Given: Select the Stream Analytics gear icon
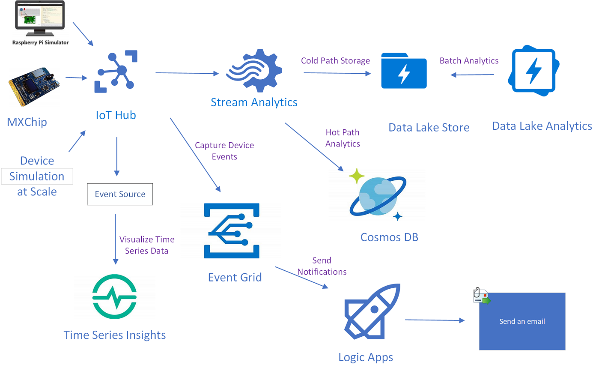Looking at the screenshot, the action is [x=254, y=71].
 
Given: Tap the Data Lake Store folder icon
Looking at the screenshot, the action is [x=404, y=71].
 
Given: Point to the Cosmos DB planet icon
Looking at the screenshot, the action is [x=377, y=196].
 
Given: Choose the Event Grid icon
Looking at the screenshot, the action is [x=232, y=230].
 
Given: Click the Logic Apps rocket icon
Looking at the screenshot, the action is [x=372, y=311].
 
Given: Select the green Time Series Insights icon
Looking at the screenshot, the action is [x=114, y=297].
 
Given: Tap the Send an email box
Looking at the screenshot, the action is [x=522, y=322].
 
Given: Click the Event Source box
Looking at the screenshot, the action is [x=120, y=194].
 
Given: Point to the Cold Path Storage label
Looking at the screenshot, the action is [x=335, y=61].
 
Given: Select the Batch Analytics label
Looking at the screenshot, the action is [x=469, y=61].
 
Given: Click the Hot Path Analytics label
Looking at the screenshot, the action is [x=343, y=138].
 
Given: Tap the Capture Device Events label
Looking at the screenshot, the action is [x=224, y=151].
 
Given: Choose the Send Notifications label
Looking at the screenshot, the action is [x=322, y=266].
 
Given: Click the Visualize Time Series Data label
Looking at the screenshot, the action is [x=147, y=245].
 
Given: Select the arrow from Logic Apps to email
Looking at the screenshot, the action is [x=434, y=320].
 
